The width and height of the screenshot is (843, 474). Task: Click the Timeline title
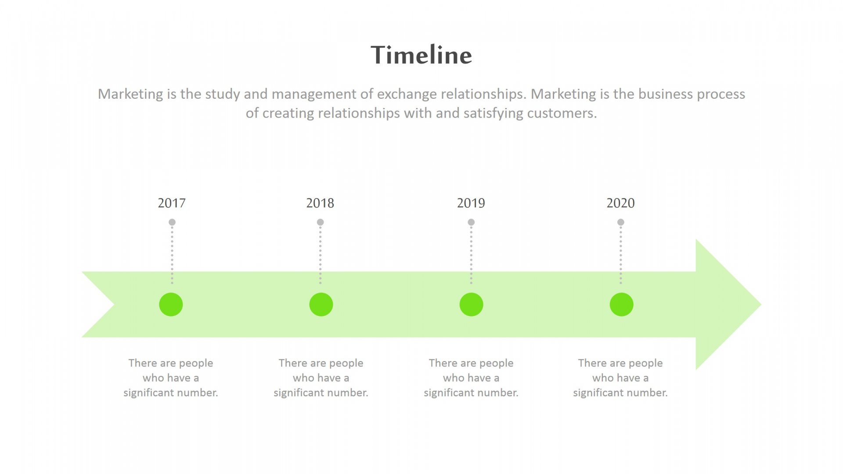(421, 55)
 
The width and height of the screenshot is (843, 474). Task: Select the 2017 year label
(172, 203)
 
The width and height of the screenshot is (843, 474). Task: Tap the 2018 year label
(320, 203)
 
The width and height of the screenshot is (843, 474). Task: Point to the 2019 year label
(471, 203)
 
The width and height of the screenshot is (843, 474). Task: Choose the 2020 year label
(620, 203)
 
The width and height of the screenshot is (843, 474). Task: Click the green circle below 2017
(171, 305)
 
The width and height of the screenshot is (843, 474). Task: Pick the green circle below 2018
(321, 305)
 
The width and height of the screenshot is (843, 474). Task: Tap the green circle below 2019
(471, 305)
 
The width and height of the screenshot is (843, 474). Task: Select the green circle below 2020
(621, 305)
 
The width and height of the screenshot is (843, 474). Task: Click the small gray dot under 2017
(172, 222)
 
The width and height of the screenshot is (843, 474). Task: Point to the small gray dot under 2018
(321, 222)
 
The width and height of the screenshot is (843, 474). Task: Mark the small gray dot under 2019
(471, 222)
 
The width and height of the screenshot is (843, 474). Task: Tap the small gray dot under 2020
(621, 222)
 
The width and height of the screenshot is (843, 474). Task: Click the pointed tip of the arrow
(761, 305)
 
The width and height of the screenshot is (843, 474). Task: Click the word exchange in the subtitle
(407, 94)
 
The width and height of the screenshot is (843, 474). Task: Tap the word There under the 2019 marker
(443, 363)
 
